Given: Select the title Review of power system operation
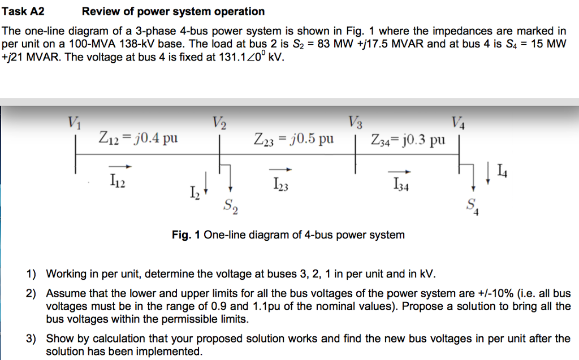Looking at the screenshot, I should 173,11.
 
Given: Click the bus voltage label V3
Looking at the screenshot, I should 356,123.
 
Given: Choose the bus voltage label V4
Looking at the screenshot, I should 459,123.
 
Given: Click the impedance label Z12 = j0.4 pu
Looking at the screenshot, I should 138,138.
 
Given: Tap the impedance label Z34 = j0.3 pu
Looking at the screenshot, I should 408,139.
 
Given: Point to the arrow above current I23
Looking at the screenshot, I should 280,168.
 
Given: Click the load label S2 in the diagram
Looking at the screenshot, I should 230,206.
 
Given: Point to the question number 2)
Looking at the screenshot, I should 33,293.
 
